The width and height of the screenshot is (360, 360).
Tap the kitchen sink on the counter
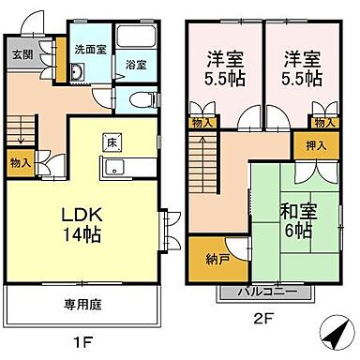pos(114,169)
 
